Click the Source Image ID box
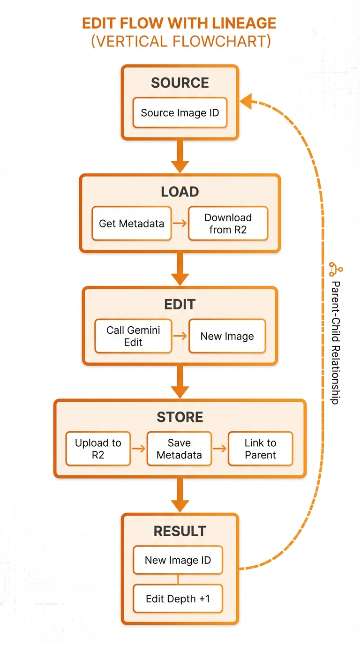click(180, 112)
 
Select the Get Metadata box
click(132, 224)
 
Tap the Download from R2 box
click(228, 224)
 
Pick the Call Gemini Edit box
click(133, 336)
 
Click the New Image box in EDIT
click(227, 336)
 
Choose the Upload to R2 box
click(98, 449)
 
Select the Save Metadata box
click(179, 449)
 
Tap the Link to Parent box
click(260, 449)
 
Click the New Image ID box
click(178, 560)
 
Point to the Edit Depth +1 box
click(178, 599)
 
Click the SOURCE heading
click(180, 83)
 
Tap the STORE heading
click(180, 417)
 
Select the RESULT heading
click(180, 531)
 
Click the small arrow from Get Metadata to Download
click(180, 223)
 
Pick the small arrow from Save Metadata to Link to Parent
click(220, 448)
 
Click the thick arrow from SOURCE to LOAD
click(180, 157)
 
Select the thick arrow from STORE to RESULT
click(180, 495)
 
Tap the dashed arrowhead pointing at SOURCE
click(246, 101)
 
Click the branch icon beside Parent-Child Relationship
click(336, 269)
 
